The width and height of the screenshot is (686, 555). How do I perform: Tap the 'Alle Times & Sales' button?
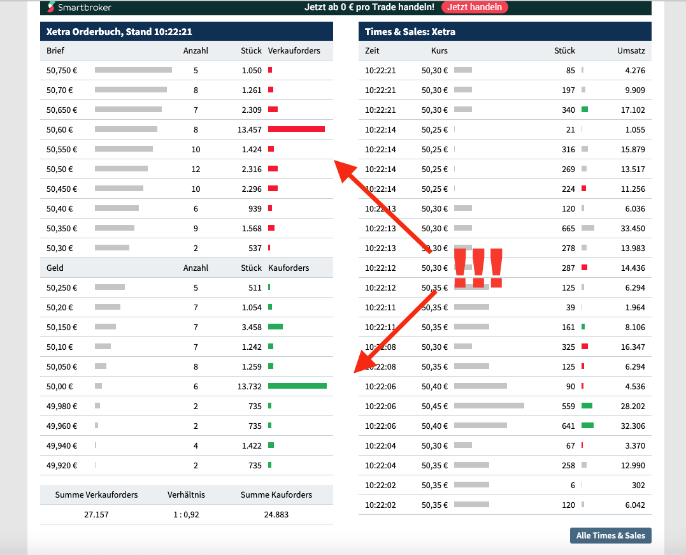coord(610,536)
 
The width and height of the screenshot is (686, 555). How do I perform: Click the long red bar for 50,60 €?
coord(296,129)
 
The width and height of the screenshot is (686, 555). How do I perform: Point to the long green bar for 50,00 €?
coord(297,386)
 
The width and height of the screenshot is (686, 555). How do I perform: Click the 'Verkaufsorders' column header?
coord(294,50)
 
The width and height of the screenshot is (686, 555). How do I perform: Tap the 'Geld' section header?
coord(55,268)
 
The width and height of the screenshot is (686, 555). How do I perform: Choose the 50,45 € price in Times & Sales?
coord(434,406)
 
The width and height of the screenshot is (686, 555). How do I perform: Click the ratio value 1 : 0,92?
coord(186,514)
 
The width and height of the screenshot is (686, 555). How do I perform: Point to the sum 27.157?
coord(96,514)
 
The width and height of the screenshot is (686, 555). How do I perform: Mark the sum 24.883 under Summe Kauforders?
coord(276,514)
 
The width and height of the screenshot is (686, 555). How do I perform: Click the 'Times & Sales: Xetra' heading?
coord(410,31)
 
